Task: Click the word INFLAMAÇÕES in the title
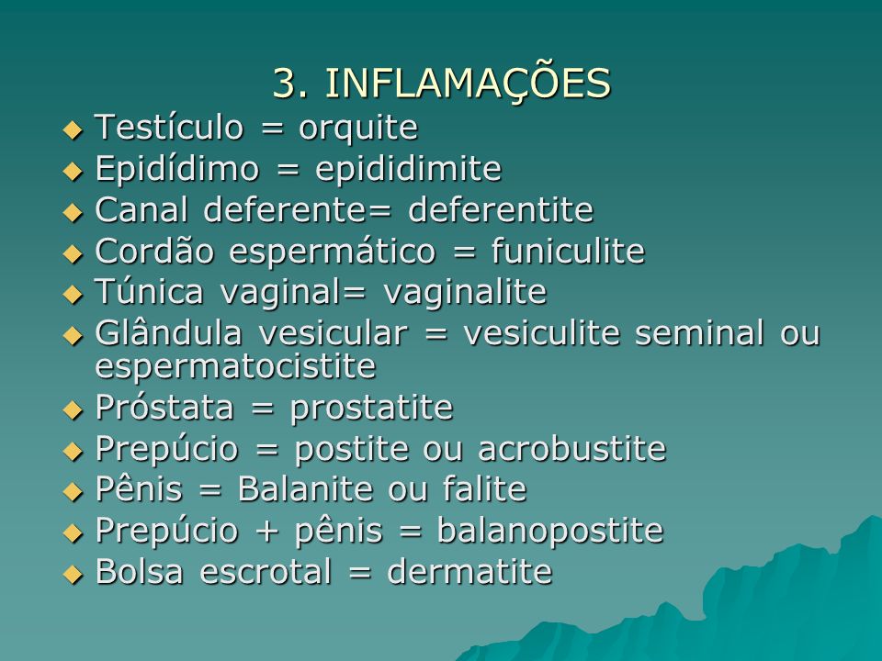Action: [468, 83]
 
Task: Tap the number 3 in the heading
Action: [286, 84]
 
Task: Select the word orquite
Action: [358, 128]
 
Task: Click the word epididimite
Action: [408, 169]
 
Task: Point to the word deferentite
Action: [501, 209]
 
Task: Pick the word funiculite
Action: [568, 251]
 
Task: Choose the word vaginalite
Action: [465, 292]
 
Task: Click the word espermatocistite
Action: [235, 366]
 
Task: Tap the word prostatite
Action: [371, 408]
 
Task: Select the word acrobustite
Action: [571, 449]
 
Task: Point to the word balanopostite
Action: [550, 531]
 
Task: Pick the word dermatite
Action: [469, 572]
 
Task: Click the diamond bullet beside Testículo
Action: [73, 130]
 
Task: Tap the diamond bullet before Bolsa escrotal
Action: [73, 575]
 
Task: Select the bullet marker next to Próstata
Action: [73, 410]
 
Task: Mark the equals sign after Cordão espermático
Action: [464, 252]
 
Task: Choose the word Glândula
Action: [168, 332]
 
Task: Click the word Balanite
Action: [305, 488]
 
